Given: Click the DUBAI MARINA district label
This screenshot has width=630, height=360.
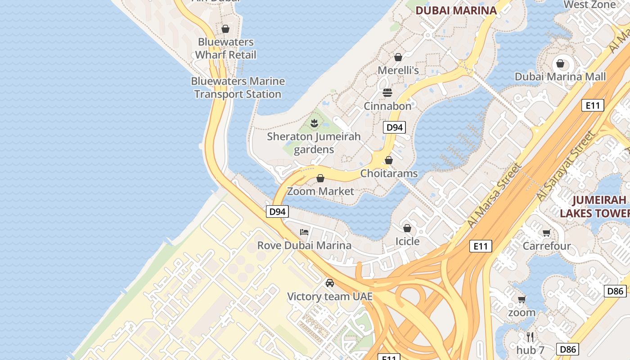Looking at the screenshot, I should click(x=456, y=10).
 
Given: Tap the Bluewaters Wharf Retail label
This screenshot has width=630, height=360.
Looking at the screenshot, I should click(x=226, y=49).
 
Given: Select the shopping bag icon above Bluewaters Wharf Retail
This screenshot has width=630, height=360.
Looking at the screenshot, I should click(x=225, y=29).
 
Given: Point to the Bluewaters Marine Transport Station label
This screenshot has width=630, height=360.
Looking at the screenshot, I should click(x=238, y=88).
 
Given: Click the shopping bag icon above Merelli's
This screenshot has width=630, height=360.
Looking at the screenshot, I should click(x=398, y=57).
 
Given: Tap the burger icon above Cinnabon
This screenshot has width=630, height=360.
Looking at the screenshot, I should click(x=387, y=93).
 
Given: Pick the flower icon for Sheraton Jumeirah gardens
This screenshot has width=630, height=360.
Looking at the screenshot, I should click(x=314, y=122).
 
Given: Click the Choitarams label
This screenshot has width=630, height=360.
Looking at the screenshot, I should click(x=389, y=173).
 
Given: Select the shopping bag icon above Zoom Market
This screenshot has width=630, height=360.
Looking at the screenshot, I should click(x=320, y=178).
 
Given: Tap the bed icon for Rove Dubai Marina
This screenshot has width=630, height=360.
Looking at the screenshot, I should click(x=305, y=232).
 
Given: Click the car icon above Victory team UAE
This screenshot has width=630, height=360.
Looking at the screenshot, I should click(x=330, y=283).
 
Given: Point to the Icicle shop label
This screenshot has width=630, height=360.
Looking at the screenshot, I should click(x=407, y=241).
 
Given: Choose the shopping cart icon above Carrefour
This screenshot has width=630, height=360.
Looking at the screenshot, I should click(x=546, y=233).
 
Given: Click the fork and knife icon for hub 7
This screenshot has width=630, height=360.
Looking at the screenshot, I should click(x=530, y=337).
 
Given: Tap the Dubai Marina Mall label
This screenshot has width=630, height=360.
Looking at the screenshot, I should click(x=560, y=76).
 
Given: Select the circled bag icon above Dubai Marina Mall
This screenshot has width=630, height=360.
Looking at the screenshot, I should click(x=560, y=63).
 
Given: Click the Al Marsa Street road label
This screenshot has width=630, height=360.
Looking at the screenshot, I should click(x=495, y=195).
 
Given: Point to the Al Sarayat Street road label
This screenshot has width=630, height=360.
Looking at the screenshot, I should click(x=565, y=166).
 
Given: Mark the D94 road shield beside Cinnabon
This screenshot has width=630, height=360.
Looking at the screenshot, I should click(x=395, y=127).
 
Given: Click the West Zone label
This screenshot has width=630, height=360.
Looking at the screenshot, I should click(x=589, y=4).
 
